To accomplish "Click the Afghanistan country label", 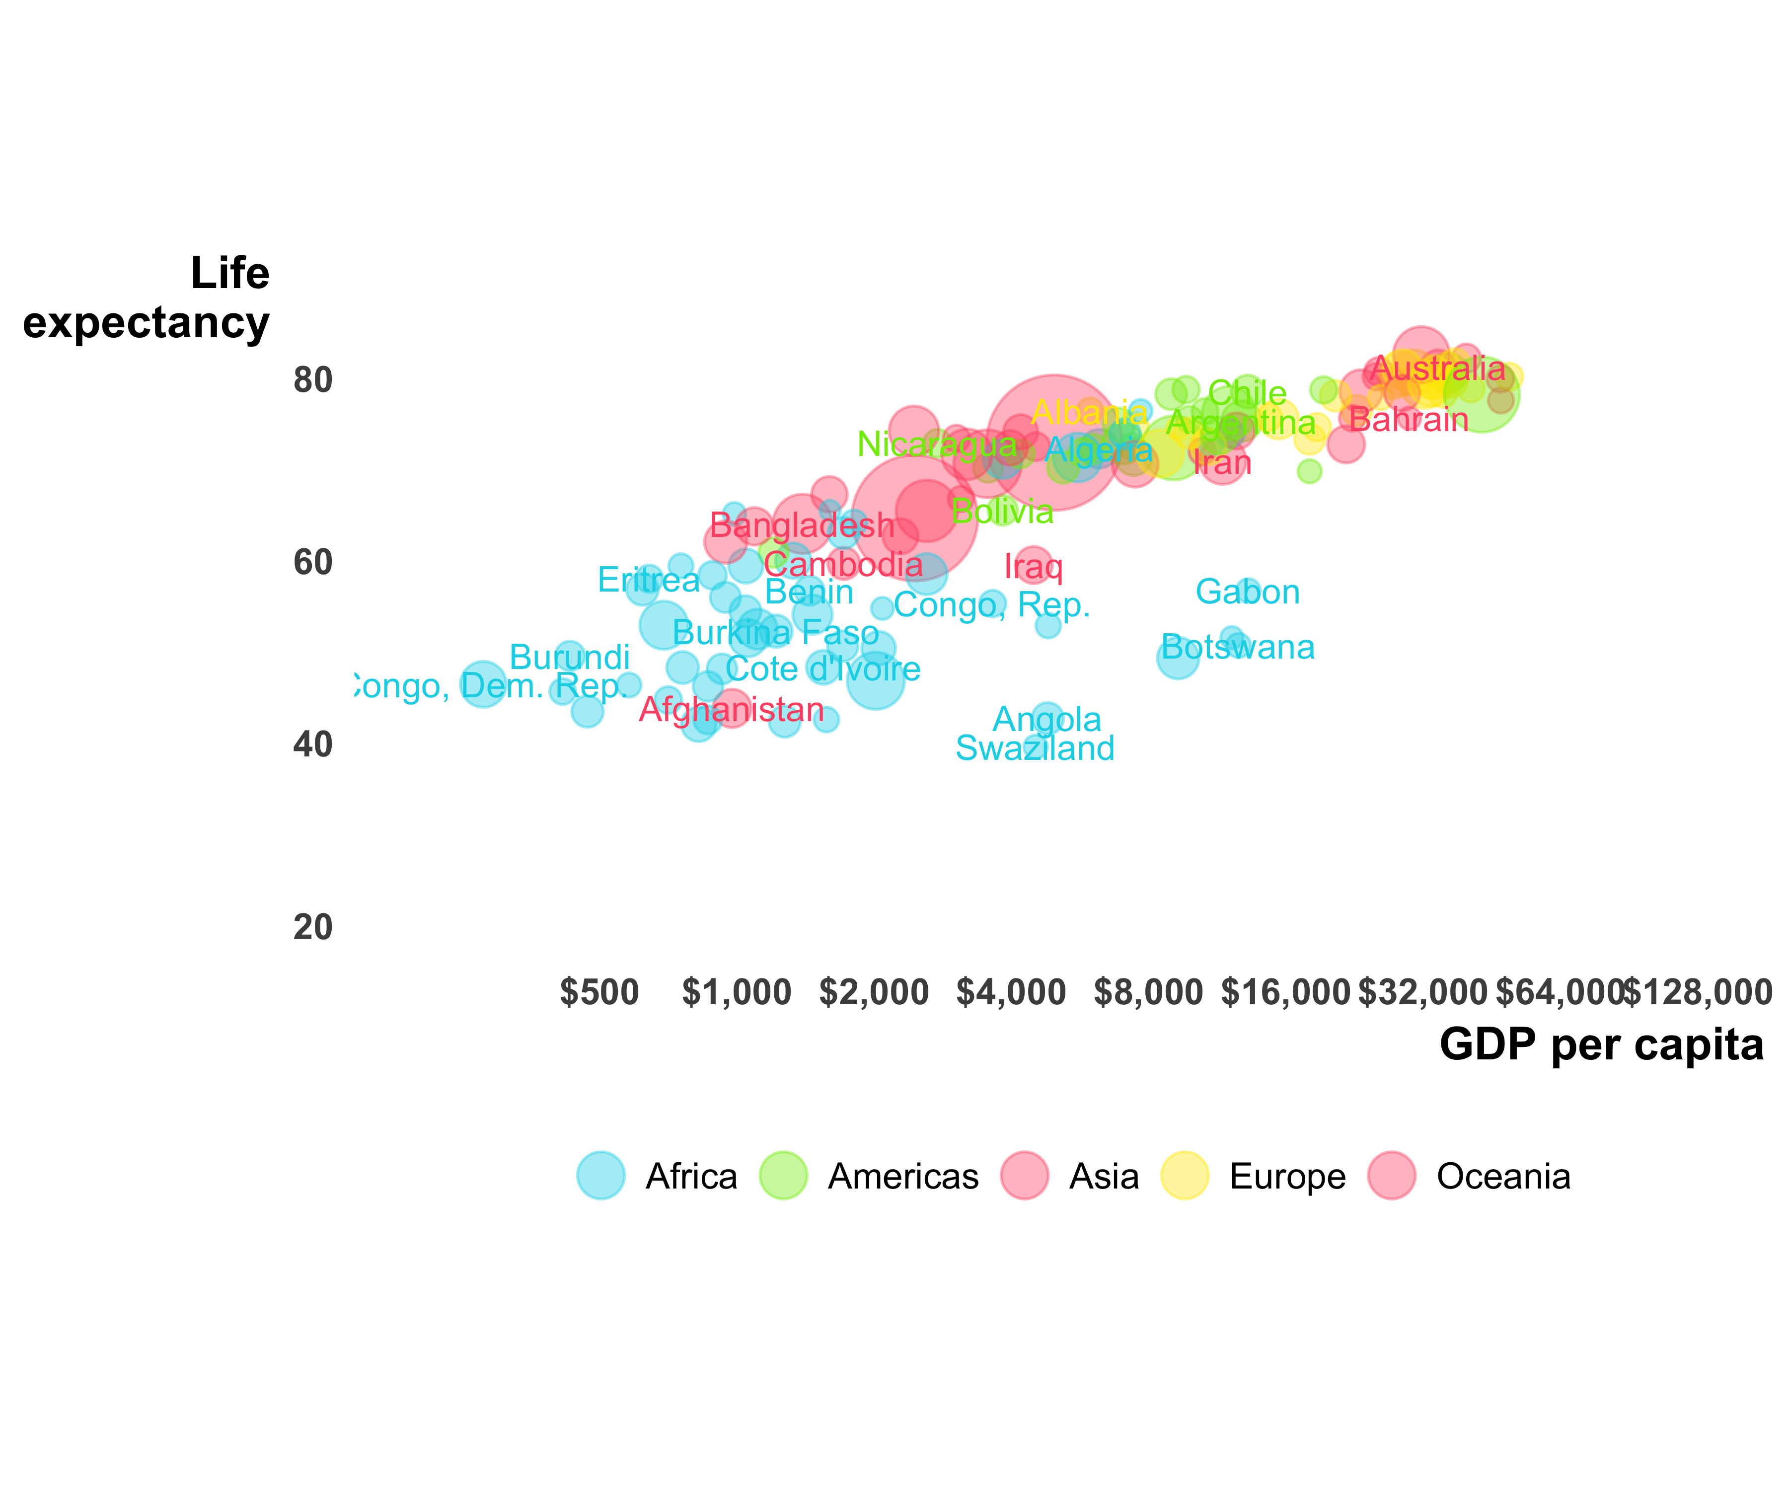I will pos(732,709).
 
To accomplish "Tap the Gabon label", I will pos(1247,592).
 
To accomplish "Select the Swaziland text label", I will pos(1035,748).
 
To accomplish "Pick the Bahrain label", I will pos(1409,420).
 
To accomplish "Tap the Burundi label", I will pos(570,657).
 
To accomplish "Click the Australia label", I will pos(1438,369).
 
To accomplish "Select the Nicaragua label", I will pos(937,444).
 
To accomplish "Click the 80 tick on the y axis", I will pos(312,380).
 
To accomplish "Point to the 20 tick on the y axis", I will pos(312,927).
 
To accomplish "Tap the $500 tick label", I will pos(599,993).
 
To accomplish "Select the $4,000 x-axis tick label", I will pos(1011,993).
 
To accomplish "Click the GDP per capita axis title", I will pos(1601,1044).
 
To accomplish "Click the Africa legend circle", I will pos(601,1176).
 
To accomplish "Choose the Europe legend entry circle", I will pos(1185,1176).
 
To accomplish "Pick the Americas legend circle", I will pos(782,1176).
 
